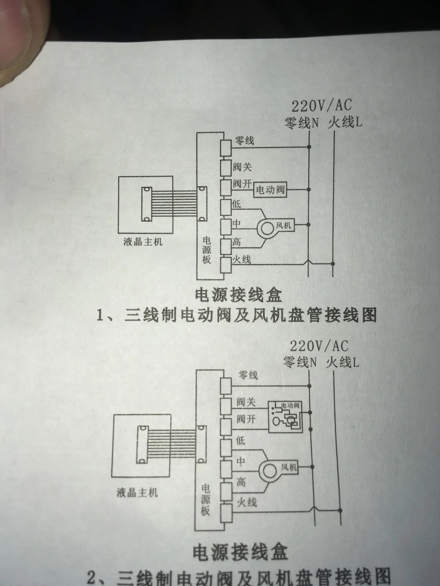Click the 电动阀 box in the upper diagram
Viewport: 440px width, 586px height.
pyautogui.click(x=270, y=190)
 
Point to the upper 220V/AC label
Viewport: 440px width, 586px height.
pyautogui.click(x=321, y=105)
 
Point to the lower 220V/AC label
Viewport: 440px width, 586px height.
pyautogui.click(x=319, y=346)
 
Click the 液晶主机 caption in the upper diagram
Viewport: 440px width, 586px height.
pyautogui.click(x=143, y=242)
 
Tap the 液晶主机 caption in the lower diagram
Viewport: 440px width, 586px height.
pyautogui.click(x=137, y=493)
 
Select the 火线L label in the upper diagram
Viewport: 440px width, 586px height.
pyautogui.click(x=345, y=122)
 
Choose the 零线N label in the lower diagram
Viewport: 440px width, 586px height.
pyautogui.click(x=300, y=363)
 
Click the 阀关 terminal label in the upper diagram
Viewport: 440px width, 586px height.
pyautogui.click(x=242, y=167)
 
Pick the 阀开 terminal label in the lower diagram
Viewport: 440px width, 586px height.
pyautogui.click(x=246, y=420)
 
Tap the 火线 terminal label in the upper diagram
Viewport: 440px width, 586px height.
pyautogui.click(x=242, y=260)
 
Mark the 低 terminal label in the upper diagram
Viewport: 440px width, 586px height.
pyautogui.click(x=236, y=204)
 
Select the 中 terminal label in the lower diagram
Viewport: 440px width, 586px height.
pyautogui.click(x=241, y=461)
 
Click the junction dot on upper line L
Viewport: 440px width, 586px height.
pyautogui.click(x=333, y=264)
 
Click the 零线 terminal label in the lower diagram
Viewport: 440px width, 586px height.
pyautogui.click(x=248, y=375)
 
